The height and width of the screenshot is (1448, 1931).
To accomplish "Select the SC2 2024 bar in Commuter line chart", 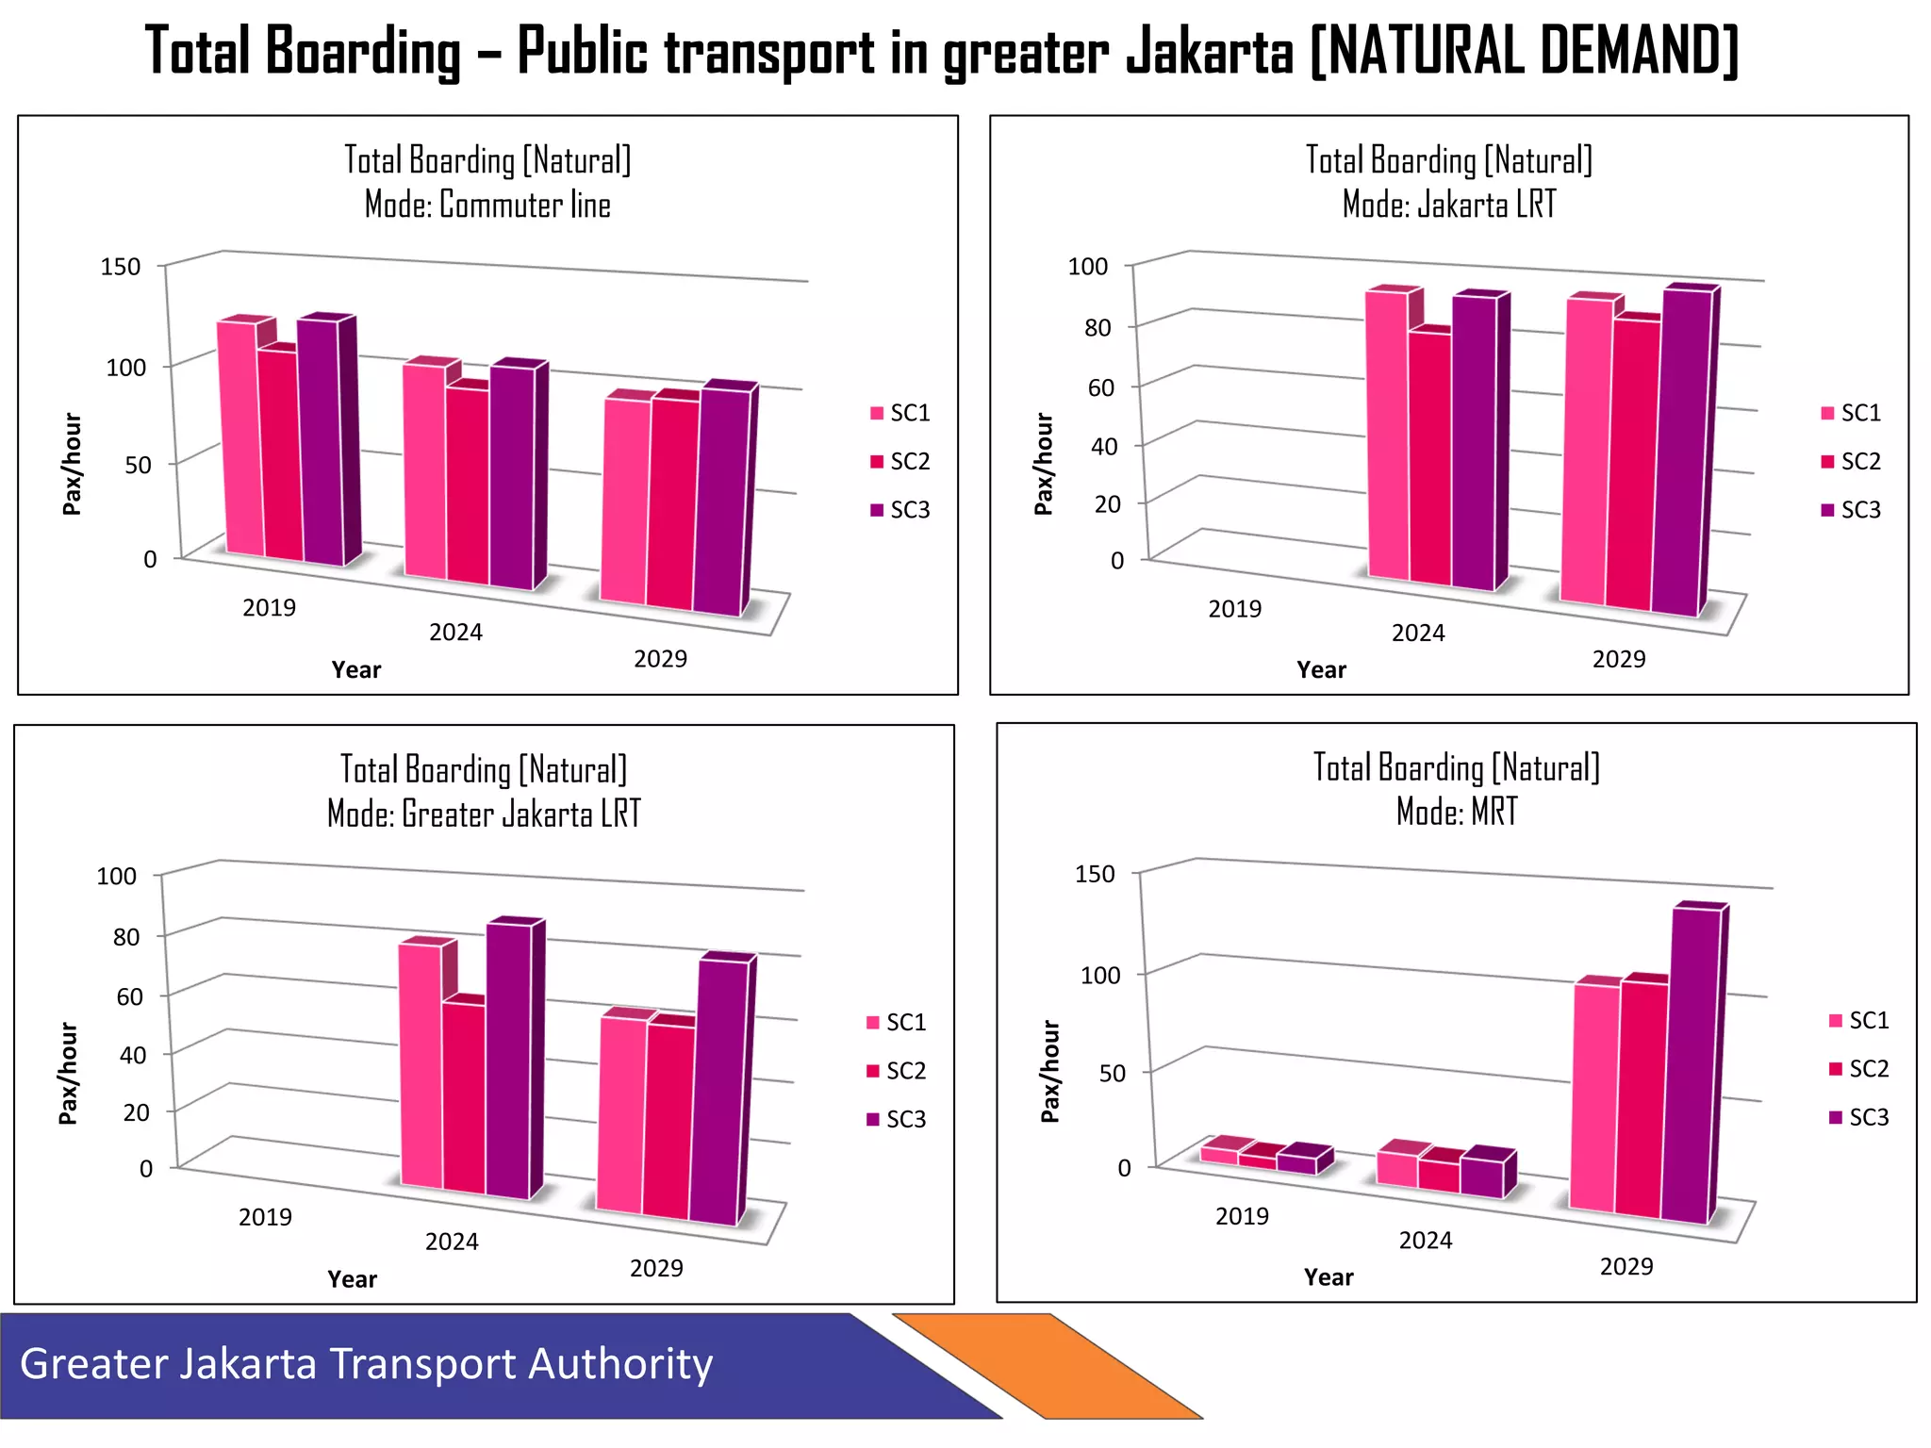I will pyautogui.click(x=468, y=485).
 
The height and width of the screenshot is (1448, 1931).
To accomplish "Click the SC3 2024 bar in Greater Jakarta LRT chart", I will pyautogui.click(x=508, y=1061).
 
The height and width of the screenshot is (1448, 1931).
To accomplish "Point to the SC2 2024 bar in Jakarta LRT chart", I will pyautogui.click(x=1430, y=459).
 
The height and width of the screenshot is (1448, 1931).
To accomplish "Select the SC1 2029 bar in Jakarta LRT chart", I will pyautogui.click(x=1589, y=452).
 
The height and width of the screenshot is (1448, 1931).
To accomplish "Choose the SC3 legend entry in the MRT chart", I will pyautogui.click(x=1858, y=1117).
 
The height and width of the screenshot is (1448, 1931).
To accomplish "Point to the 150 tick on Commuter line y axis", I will pyautogui.click(x=121, y=267).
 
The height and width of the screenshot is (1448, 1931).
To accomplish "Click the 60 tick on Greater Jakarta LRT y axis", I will pyautogui.click(x=129, y=996).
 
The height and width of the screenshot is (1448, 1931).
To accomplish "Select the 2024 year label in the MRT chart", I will pyautogui.click(x=1425, y=1240).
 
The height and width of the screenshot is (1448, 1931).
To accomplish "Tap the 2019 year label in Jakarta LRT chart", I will pyautogui.click(x=1234, y=609).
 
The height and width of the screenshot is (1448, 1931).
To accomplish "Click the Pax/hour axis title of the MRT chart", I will pyautogui.click(x=1049, y=1071).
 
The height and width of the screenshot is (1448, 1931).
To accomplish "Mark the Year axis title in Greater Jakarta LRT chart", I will pyautogui.click(x=352, y=1279).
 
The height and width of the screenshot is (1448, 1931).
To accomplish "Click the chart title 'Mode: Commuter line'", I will pyautogui.click(x=487, y=206).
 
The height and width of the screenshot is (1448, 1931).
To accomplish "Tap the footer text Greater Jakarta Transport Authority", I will pyautogui.click(x=366, y=1364).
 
